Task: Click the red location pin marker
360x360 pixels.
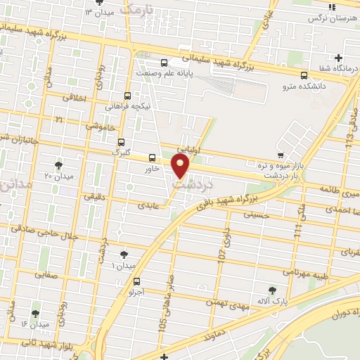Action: [181, 166]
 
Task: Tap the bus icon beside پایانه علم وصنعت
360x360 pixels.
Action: [165, 62]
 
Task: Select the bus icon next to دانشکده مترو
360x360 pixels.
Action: [304, 75]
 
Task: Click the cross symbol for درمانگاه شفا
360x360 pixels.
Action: [339, 58]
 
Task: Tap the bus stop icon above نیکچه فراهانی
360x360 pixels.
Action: [127, 96]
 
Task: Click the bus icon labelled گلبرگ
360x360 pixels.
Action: [121, 141]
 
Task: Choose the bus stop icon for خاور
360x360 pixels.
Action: [153, 157]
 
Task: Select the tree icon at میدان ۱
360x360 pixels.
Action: [124, 254]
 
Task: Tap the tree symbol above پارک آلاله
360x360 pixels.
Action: [272, 290]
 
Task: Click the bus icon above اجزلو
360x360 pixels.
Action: [136, 282]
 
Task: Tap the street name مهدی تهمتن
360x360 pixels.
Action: [226, 301]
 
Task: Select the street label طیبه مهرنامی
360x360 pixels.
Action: [307, 271]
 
